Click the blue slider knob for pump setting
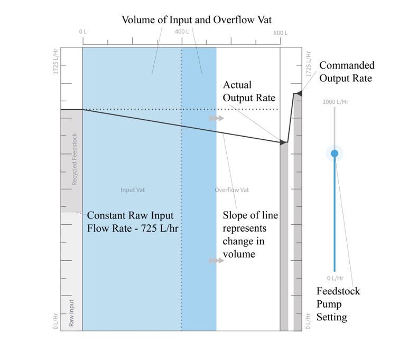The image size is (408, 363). (334, 154)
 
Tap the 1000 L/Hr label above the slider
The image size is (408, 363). (335, 102)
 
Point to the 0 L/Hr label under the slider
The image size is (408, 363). (335, 278)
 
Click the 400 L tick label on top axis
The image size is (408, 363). (181, 32)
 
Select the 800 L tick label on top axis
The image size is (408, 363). (281, 33)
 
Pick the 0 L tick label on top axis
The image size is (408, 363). (83, 32)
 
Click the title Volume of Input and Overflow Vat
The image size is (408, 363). (197, 20)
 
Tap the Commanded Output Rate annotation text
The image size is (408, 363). (346, 72)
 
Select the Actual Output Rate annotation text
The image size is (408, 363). (249, 91)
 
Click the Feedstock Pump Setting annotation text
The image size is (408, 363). (338, 304)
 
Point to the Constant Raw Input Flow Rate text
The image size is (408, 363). (130, 222)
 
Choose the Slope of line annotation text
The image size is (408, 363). (250, 235)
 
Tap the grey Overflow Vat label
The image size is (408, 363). (231, 190)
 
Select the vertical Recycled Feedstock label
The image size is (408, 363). (75, 159)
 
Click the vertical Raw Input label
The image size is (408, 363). (72, 312)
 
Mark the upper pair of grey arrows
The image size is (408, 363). (216, 118)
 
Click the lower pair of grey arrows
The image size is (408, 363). (216, 261)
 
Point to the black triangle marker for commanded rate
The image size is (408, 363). (299, 93)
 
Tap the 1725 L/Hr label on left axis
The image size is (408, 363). (55, 62)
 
